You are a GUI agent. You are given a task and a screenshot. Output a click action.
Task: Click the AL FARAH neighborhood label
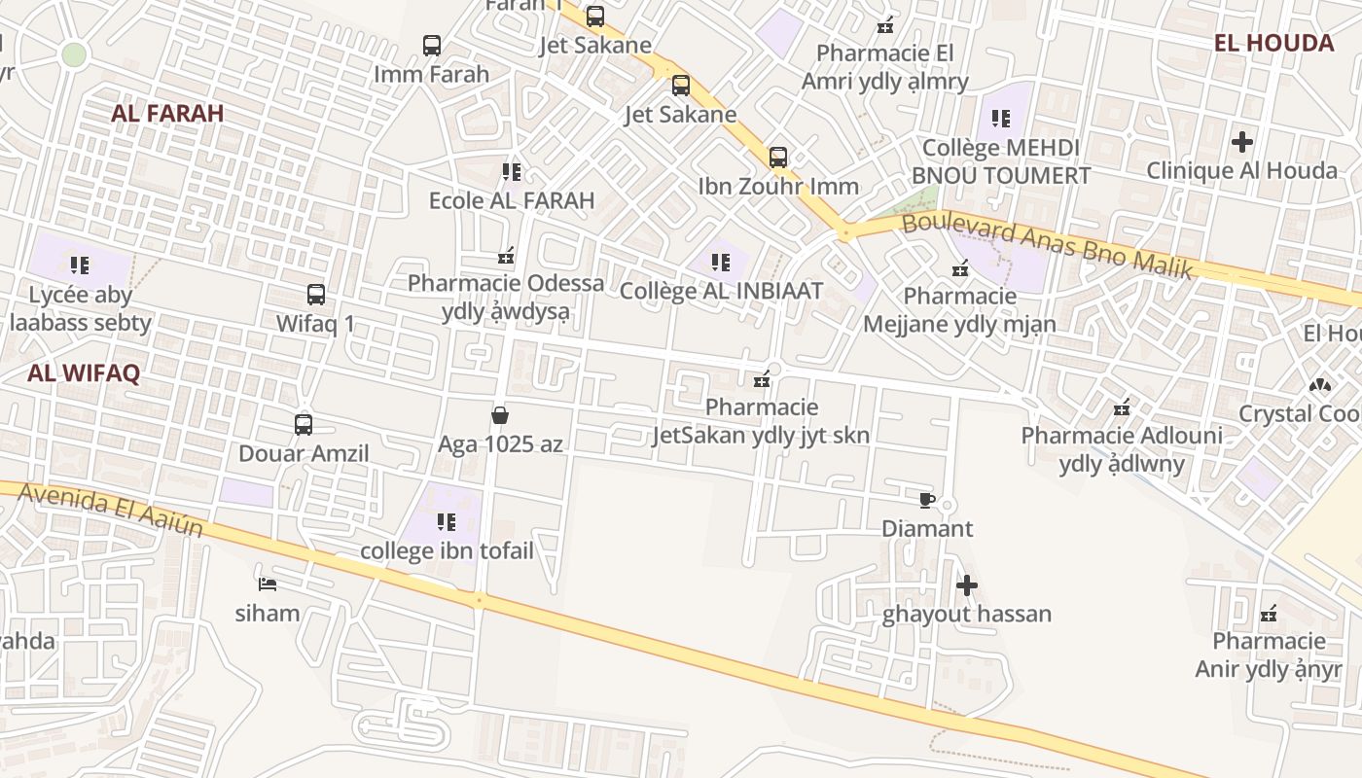(x=167, y=113)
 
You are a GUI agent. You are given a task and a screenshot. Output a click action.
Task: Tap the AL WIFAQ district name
(x=84, y=372)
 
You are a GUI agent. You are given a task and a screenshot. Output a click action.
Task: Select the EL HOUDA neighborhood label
(x=1273, y=43)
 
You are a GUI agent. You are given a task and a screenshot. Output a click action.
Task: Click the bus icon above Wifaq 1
(x=315, y=295)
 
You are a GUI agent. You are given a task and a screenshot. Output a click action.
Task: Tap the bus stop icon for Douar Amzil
(x=304, y=425)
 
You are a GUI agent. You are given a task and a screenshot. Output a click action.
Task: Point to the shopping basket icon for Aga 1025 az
(x=500, y=416)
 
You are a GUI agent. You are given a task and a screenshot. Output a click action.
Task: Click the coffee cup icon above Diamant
(x=926, y=501)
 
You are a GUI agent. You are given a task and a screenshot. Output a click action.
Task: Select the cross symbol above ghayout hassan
(x=966, y=585)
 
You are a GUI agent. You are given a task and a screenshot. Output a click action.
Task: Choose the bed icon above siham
(x=268, y=584)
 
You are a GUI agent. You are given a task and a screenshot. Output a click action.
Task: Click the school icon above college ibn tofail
(x=447, y=522)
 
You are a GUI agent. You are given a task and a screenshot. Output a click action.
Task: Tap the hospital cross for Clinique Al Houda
(x=1241, y=142)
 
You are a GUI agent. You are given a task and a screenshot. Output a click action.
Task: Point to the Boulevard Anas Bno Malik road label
(x=1047, y=246)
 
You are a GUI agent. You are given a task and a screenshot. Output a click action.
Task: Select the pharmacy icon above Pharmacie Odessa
(x=506, y=256)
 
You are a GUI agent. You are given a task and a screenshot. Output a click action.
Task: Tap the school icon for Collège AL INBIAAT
(x=721, y=262)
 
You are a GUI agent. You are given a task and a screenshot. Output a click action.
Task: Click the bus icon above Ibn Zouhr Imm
(x=778, y=157)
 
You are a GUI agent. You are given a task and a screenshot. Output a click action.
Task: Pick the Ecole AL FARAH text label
(x=512, y=201)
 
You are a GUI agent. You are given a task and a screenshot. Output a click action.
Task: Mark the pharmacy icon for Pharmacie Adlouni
(x=1122, y=407)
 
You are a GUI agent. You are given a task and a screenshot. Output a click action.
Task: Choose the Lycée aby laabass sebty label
(x=81, y=308)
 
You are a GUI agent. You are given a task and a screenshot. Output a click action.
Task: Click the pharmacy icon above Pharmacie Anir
(x=1269, y=613)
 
